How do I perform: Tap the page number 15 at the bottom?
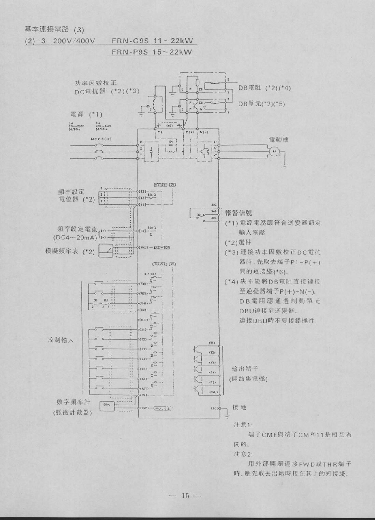tap(185, 495)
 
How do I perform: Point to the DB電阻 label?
tap(249, 88)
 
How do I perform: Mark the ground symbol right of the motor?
tap(285, 165)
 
